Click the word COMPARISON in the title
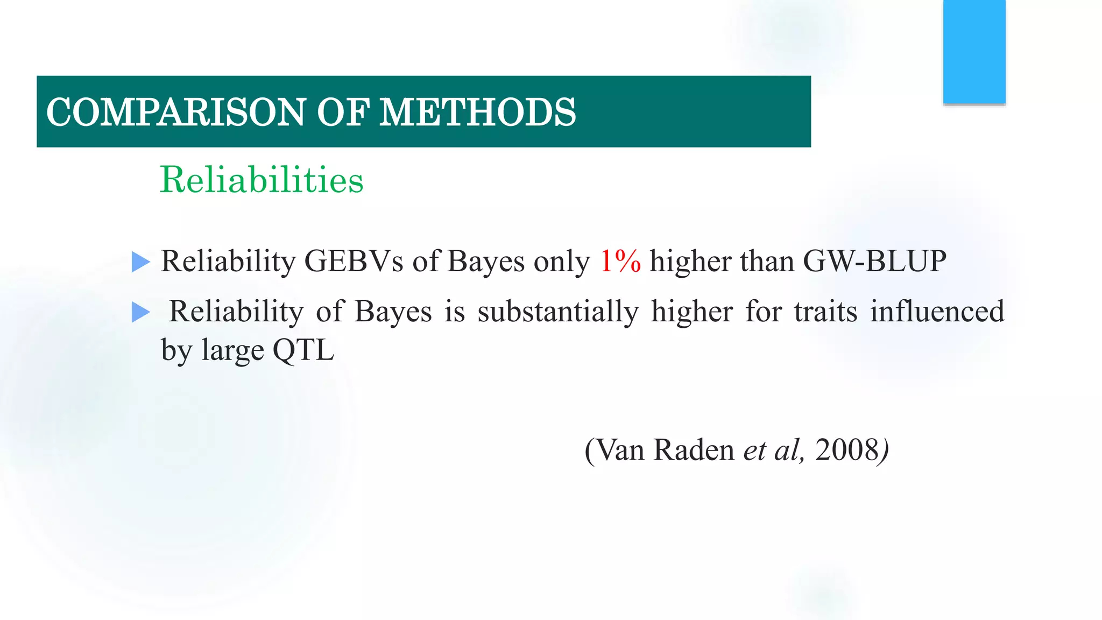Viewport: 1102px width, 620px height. (175, 112)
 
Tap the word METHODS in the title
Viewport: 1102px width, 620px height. (477, 112)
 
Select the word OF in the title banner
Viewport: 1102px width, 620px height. (342, 112)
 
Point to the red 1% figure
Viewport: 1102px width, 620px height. (620, 262)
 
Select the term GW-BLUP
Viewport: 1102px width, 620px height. (874, 262)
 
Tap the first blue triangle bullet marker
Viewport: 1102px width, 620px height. (140, 262)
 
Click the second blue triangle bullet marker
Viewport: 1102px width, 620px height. (140, 312)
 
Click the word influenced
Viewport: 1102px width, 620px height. (937, 312)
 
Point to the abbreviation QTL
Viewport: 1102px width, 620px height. (303, 350)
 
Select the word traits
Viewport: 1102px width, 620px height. (825, 312)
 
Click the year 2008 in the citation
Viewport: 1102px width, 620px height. (847, 450)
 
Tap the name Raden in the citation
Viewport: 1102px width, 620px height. (693, 450)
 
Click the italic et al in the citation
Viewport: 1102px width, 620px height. (773, 450)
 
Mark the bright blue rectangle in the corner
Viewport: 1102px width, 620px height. (974, 52)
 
